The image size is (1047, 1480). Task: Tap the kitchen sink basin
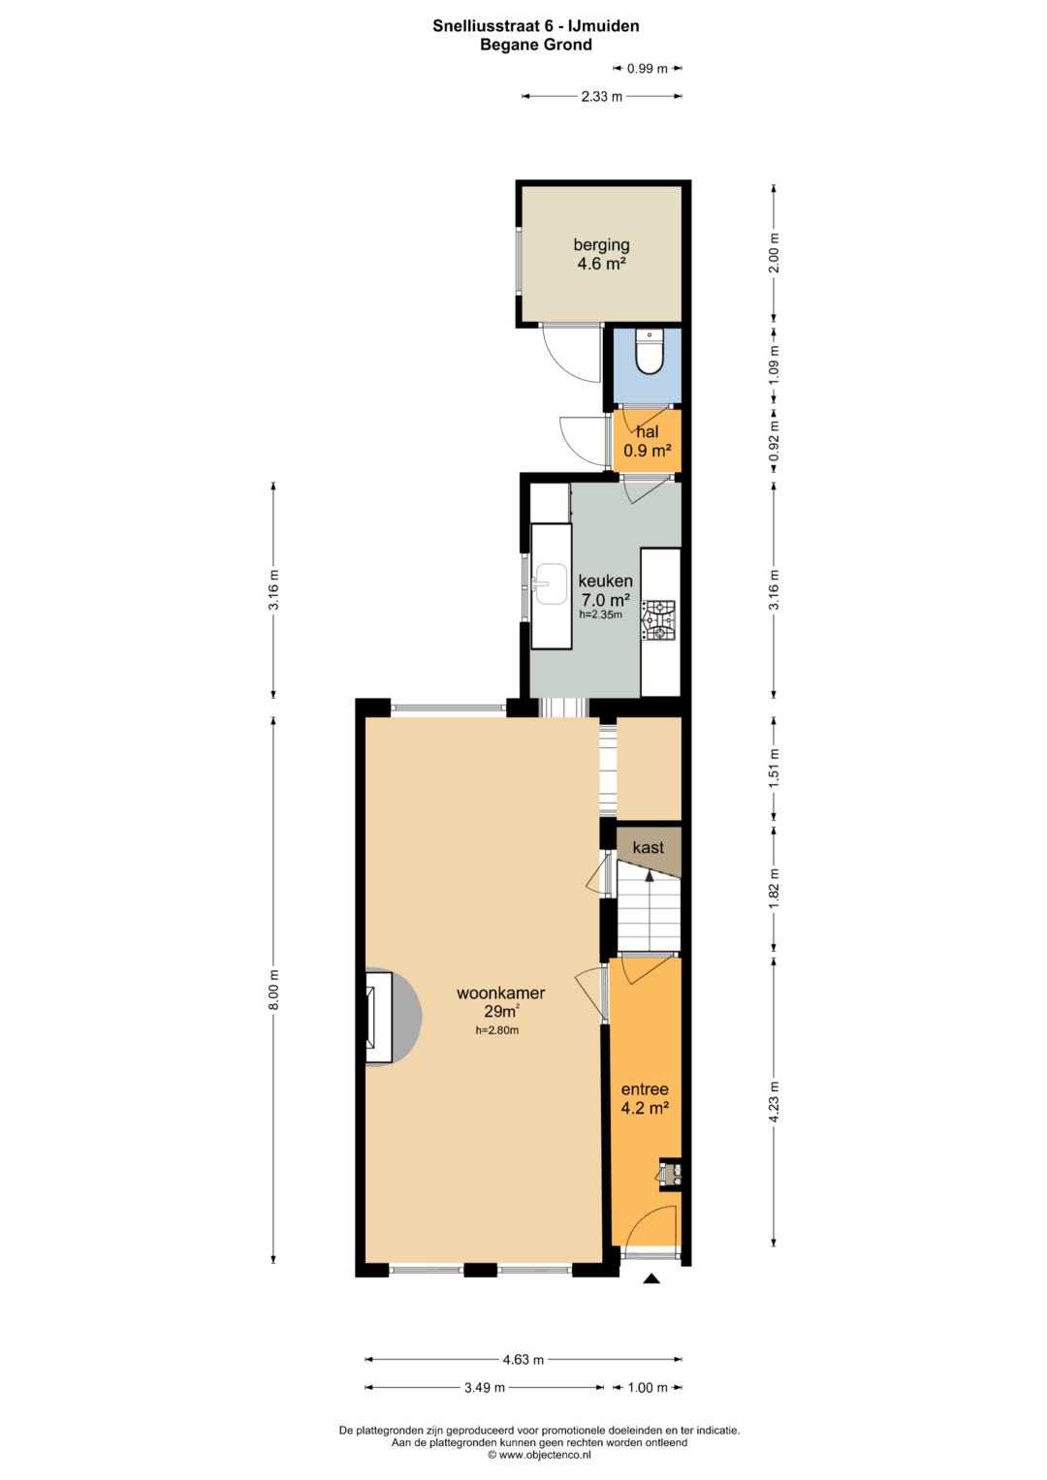551,584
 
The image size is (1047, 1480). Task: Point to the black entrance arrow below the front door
651,1279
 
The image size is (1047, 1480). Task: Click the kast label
648,848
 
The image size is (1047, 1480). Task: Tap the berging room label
601,245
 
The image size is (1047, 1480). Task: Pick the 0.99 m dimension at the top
648,68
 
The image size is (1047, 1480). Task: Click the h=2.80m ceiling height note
497,1030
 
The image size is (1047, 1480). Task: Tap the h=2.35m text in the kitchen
601,614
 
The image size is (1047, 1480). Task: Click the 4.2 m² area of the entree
645,1108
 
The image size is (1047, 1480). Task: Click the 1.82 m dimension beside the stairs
774,889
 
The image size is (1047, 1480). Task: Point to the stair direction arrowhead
650,875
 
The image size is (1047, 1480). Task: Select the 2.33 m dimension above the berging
601,97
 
